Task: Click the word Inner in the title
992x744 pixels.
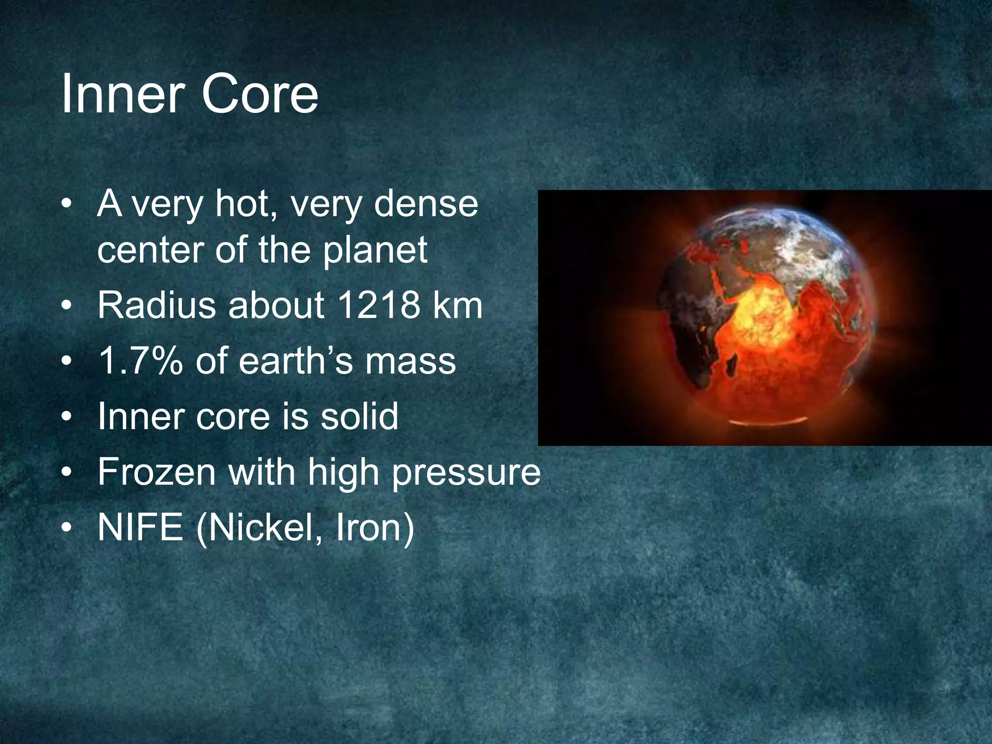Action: point(125,94)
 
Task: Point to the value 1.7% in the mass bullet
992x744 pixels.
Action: point(140,361)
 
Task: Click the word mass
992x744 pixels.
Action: point(410,362)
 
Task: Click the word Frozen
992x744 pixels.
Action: point(156,472)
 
